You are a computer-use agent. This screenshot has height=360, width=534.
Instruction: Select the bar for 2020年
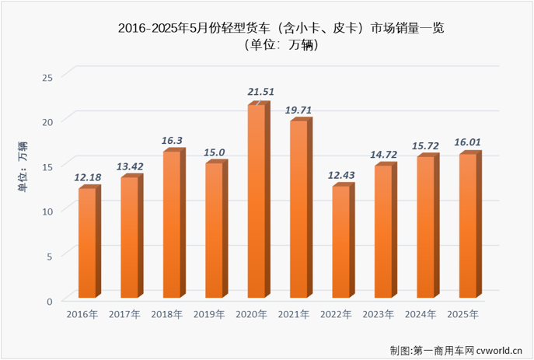click(x=257, y=202)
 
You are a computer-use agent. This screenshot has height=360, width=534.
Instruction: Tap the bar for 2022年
click(x=341, y=243)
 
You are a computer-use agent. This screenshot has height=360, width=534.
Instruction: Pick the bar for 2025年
click(x=468, y=226)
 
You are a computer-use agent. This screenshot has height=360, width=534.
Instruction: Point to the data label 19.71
click(x=298, y=110)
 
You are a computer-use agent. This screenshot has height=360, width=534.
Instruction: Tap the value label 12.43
click(x=340, y=175)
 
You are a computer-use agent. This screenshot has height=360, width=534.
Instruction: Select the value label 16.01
click(x=468, y=142)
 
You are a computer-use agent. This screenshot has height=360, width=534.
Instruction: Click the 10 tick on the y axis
click(x=47, y=211)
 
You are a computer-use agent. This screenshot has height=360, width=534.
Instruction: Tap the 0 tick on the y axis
click(x=50, y=301)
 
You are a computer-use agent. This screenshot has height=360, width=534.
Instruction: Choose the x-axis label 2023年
click(x=379, y=314)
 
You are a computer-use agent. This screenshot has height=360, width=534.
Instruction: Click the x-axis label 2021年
click(x=294, y=314)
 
